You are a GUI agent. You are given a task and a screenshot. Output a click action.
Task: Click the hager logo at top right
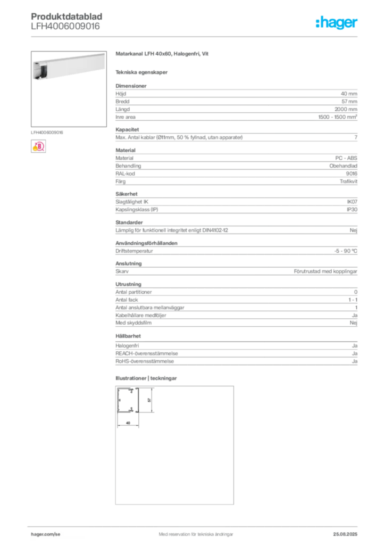pyautogui.click(x=336, y=22)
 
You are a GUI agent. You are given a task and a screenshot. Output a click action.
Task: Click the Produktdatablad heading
pyautogui.click(x=66, y=16)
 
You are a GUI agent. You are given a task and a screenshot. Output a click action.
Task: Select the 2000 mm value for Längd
pyautogui.click(x=346, y=109)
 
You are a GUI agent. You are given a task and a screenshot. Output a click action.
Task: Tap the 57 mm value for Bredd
pyautogui.click(x=349, y=102)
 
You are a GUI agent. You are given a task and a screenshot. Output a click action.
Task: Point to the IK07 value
pyautogui.click(x=352, y=202)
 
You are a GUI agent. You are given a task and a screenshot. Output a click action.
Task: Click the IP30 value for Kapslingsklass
pyautogui.click(x=352, y=210)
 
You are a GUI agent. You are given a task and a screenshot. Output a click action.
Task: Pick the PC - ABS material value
pyautogui.click(x=346, y=158)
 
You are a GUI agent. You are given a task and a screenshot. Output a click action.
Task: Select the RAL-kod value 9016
pyautogui.click(x=351, y=174)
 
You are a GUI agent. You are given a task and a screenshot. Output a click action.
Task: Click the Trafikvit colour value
pyautogui.click(x=348, y=181)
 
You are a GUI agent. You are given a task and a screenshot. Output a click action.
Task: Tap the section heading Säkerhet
pyautogui.click(x=127, y=194)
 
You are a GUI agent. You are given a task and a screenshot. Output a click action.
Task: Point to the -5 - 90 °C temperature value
pyautogui.click(x=346, y=251)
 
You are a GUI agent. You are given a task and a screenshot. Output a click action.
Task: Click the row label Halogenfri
pyautogui.click(x=127, y=346)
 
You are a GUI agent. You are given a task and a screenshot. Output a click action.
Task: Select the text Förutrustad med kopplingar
pyautogui.click(x=325, y=271)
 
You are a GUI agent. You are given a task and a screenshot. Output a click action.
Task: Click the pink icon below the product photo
pyautogui.click(x=38, y=146)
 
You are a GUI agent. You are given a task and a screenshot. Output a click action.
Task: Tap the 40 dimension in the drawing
pyautogui.click(x=128, y=423)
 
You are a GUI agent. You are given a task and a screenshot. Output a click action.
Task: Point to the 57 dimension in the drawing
pyautogui.click(x=149, y=400)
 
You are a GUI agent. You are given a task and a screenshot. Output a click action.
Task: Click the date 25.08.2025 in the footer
pyautogui.click(x=345, y=534)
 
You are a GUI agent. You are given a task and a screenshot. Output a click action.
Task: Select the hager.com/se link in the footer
pyautogui.click(x=46, y=534)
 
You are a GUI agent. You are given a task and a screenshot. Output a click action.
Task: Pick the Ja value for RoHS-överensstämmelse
pyautogui.click(x=355, y=361)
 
